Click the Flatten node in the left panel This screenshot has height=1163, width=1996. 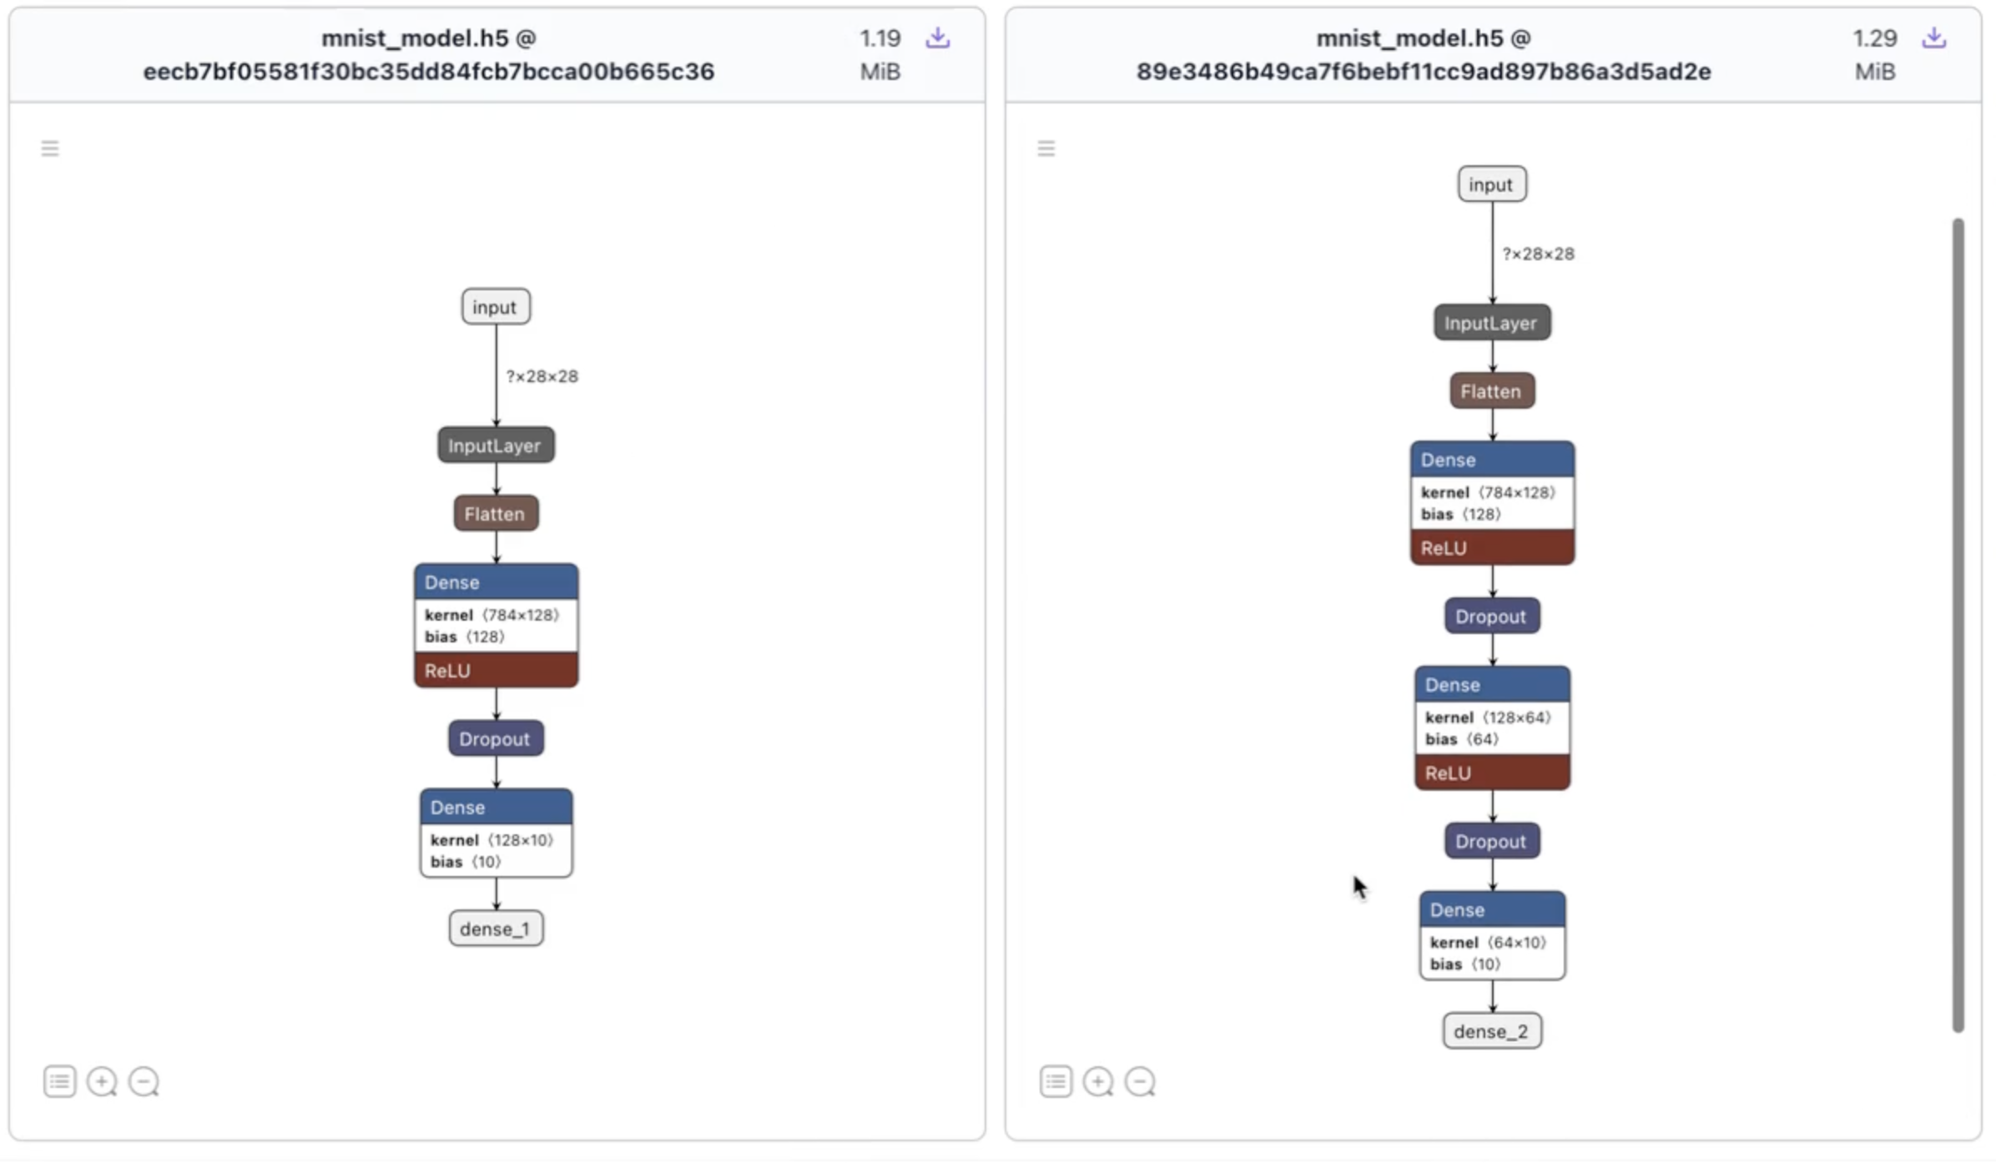(x=496, y=514)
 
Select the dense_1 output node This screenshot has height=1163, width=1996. (x=496, y=929)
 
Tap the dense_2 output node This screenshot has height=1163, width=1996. (x=1491, y=1031)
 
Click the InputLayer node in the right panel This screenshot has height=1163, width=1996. (x=1491, y=323)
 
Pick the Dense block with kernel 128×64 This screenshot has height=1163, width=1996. (x=1491, y=728)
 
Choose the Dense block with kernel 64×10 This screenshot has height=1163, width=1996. (x=1491, y=935)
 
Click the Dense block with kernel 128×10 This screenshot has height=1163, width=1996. (x=496, y=833)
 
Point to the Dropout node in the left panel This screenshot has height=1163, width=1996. (x=496, y=739)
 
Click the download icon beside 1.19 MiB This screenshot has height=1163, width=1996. (x=937, y=38)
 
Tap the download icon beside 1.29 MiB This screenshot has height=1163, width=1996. (x=1933, y=38)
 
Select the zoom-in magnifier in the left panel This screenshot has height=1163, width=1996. (x=102, y=1082)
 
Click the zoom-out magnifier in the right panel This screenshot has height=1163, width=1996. (x=1140, y=1082)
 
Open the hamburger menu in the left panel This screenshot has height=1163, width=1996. (x=50, y=149)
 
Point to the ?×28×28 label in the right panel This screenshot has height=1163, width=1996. (x=1538, y=254)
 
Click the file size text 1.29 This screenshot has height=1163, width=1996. (x=1874, y=38)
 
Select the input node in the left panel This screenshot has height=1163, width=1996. (x=496, y=307)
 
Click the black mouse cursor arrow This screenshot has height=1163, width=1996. (x=1359, y=886)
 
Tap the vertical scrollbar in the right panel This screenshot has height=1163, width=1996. (x=1958, y=626)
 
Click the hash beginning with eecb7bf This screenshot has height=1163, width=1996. (x=429, y=72)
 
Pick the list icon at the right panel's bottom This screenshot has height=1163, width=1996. (x=1056, y=1082)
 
